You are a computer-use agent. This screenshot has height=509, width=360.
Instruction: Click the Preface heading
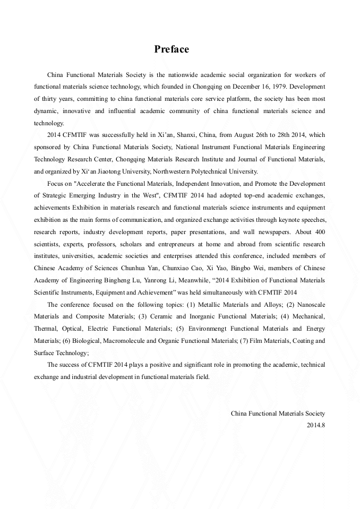coord(172,49)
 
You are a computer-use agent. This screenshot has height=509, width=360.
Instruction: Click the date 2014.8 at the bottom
coord(316,425)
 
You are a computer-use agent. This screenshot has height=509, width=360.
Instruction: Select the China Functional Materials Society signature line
coord(278,413)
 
